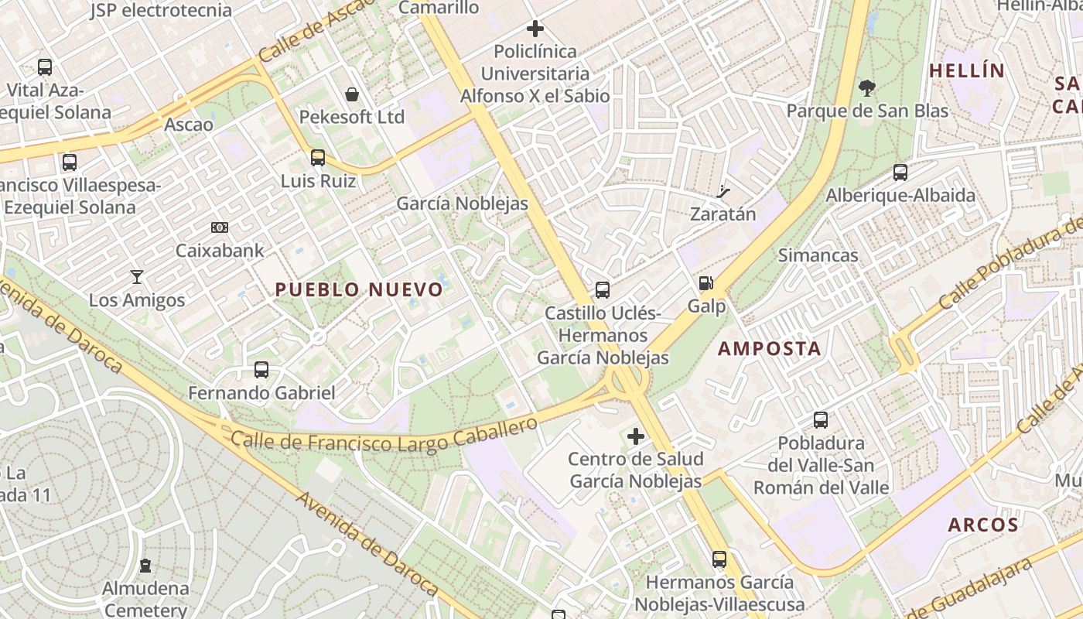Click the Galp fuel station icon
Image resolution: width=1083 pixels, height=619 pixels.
click(705, 284)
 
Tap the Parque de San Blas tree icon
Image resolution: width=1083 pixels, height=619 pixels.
click(867, 88)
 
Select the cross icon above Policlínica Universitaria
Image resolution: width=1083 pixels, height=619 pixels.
click(535, 29)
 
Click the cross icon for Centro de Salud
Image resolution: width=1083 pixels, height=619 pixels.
click(635, 436)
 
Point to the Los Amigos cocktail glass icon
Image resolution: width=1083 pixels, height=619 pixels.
click(137, 276)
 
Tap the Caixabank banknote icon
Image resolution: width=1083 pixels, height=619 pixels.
click(220, 227)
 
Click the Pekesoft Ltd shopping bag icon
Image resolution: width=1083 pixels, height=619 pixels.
click(352, 94)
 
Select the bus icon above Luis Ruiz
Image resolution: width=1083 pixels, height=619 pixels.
click(317, 158)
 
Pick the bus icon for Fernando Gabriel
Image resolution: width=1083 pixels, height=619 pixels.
click(261, 370)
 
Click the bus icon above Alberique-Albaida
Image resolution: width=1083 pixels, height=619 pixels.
click(900, 172)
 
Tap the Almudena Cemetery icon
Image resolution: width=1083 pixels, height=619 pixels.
click(145, 566)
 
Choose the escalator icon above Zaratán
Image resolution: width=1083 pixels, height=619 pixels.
click(723, 191)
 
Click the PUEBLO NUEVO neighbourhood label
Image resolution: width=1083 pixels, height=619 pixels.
click(359, 290)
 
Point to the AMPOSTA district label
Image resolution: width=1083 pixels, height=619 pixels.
click(769, 348)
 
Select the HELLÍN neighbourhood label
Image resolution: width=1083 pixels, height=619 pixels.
click(966, 71)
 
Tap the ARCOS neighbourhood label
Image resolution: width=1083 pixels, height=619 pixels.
click(983, 525)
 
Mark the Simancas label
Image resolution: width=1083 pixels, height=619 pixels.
click(818, 255)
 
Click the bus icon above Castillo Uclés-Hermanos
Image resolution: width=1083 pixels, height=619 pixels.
click(602, 290)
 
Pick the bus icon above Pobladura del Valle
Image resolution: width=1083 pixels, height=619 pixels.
click(820, 420)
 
